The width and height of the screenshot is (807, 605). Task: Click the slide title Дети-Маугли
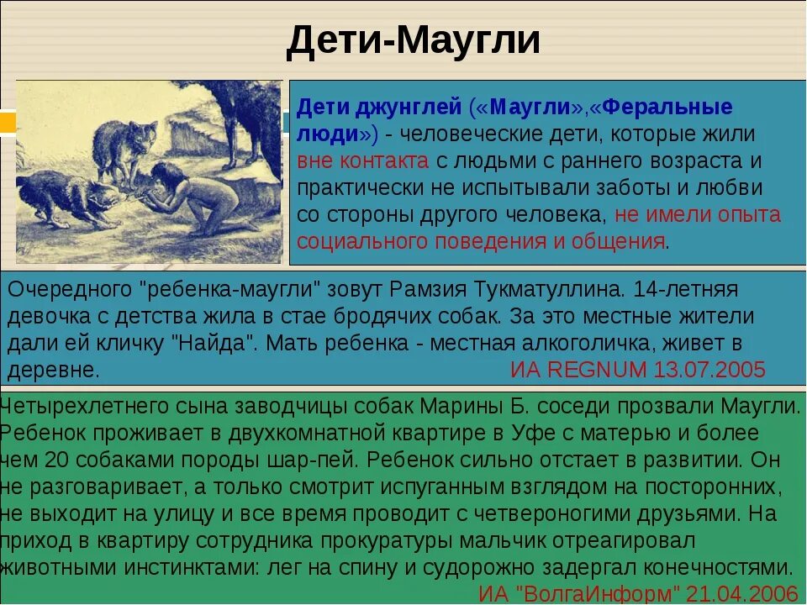(412, 41)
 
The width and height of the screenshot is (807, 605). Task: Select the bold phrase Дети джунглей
(380, 108)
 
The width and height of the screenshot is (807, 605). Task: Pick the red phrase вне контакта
(362, 160)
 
